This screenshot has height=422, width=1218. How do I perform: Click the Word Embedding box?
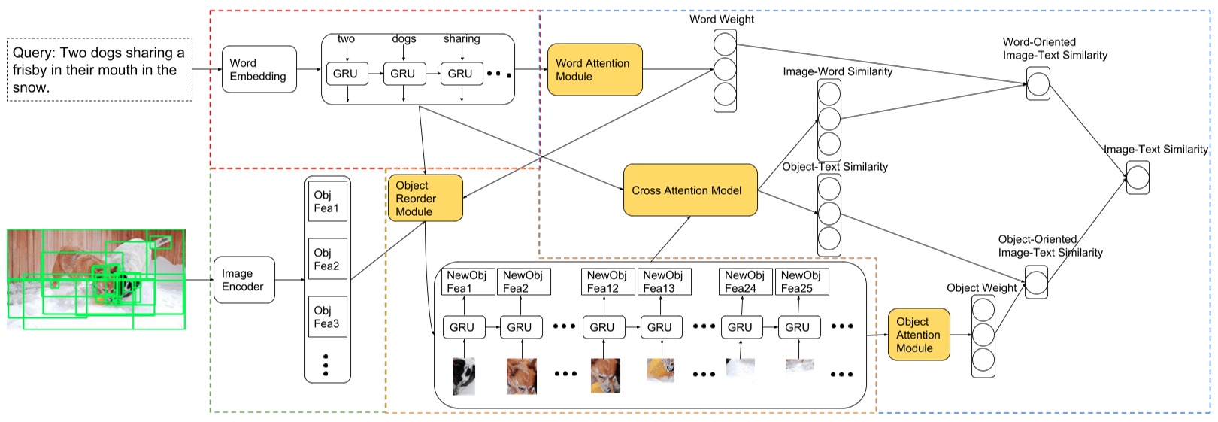(x=259, y=70)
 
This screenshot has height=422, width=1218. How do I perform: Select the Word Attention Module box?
(x=594, y=70)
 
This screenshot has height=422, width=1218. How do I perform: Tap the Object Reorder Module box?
(x=425, y=199)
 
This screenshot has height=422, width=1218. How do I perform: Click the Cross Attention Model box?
(x=689, y=190)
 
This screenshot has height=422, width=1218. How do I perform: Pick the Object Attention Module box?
(x=918, y=335)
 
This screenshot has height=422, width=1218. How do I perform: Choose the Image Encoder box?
(x=244, y=280)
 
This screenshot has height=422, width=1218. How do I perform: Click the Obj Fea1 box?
(x=327, y=202)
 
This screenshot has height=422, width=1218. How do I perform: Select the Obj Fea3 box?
(x=327, y=317)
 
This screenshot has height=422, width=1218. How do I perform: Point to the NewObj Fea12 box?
(x=608, y=281)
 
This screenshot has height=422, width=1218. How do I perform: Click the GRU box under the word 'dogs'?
(x=403, y=74)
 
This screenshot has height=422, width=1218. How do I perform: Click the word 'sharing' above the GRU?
(x=461, y=38)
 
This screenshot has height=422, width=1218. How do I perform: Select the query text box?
(x=99, y=70)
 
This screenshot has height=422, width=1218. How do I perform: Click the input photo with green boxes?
(x=96, y=280)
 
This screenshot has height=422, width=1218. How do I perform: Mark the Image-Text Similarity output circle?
(x=1138, y=178)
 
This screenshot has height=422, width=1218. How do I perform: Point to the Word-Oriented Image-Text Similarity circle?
(x=1038, y=83)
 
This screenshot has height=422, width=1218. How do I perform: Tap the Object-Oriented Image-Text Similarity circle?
(x=1036, y=282)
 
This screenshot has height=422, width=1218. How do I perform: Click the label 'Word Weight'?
(x=721, y=20)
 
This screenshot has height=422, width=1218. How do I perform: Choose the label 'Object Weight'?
(x=981, y=287)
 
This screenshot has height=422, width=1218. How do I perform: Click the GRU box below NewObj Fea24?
(x=740, y=327)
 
